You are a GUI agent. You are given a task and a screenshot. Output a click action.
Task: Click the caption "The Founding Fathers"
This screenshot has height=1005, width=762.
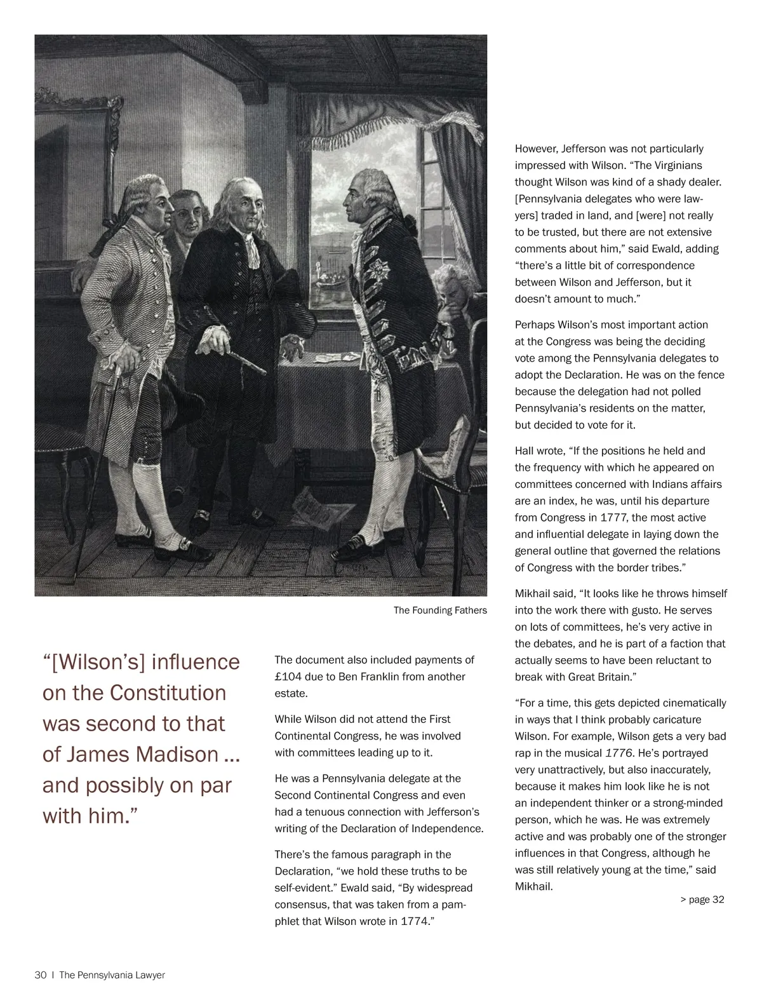pos(440,610)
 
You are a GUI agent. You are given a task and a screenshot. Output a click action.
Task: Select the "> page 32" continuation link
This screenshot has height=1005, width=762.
pos(702,900)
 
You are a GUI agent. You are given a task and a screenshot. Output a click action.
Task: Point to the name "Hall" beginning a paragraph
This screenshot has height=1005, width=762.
pos(525,451)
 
